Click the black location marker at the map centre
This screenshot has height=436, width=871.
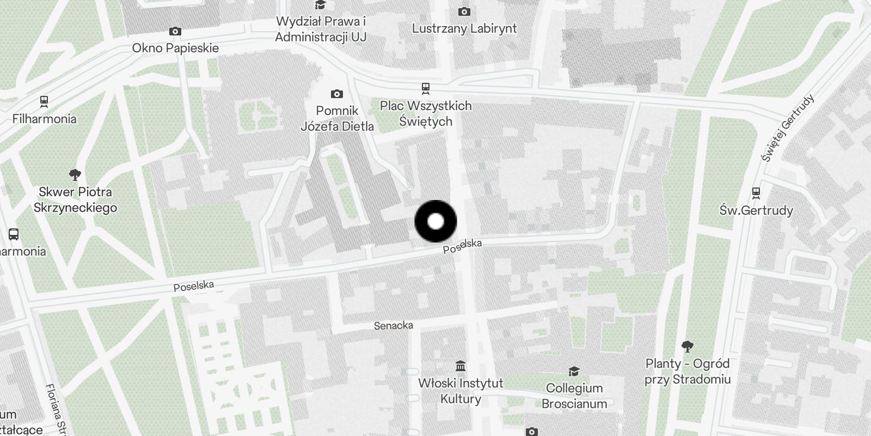pos(436,221)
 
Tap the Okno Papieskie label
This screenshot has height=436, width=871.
pos(175,48)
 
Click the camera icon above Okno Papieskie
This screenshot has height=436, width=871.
pos(175,31)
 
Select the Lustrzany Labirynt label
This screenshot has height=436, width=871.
pos(464,28)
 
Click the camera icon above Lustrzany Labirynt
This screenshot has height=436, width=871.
pos(464,11)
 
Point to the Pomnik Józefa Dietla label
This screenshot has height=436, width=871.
pos(338,118)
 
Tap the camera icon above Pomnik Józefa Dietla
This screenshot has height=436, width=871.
pos(337,94)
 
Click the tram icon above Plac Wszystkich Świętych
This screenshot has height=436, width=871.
pos(426,88)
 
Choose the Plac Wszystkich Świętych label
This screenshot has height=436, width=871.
pos(426,113)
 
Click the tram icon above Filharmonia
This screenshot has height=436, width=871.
pos(44,101)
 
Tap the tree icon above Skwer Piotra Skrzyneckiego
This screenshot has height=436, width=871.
pos(75,175)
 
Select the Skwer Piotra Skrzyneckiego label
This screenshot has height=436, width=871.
pos(75,199)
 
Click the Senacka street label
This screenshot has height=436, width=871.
pos(394,325)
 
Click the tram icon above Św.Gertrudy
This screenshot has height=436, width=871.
pos(756,193)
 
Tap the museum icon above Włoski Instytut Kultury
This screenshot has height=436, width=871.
pos(461,365)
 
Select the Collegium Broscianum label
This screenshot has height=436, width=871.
pos(574,396)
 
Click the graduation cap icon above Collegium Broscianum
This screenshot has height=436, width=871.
pos(574,371)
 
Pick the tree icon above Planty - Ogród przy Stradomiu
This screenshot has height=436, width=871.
pos(688,346)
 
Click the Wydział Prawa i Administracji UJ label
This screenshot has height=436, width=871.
pos(321,29)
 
